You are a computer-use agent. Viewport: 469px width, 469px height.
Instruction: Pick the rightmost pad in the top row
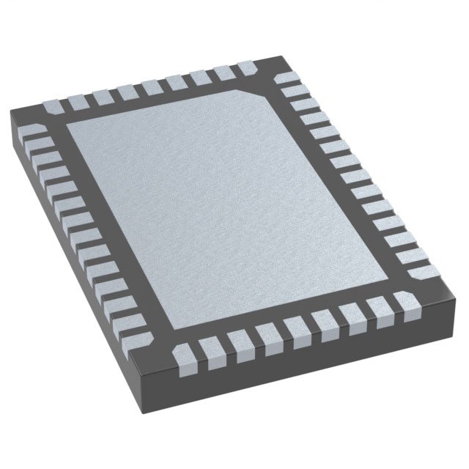point(247,67)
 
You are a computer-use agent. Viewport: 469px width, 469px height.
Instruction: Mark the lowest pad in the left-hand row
point(139,339)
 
